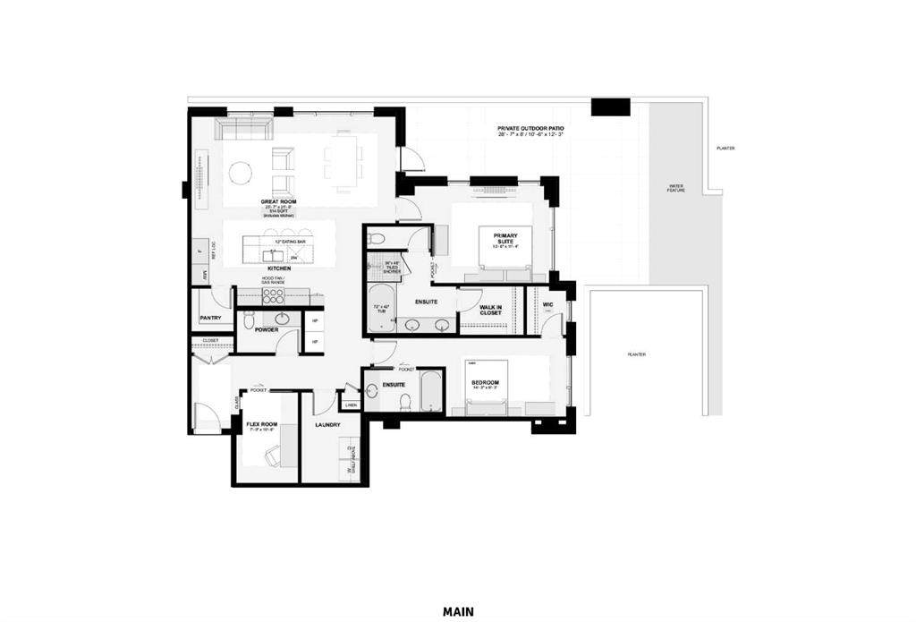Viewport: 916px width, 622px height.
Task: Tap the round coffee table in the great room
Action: (x=240, y=172)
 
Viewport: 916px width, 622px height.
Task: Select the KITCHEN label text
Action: (x=278, y=268)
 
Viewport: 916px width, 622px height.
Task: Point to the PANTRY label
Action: (x=210, y=318)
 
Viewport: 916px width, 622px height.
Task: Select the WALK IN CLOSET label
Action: (x=490, y=310)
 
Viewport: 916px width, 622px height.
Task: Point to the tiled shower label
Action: (x=391, y=266)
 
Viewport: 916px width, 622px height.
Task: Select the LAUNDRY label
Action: (x=328, y=425)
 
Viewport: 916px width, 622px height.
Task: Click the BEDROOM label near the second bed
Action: (x=485, y=384)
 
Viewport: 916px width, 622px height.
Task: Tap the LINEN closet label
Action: (x=351, y=405)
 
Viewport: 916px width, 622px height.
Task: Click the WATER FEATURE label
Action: (x=675, y=189)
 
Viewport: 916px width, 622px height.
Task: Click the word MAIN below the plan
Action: (x=458, y=612)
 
